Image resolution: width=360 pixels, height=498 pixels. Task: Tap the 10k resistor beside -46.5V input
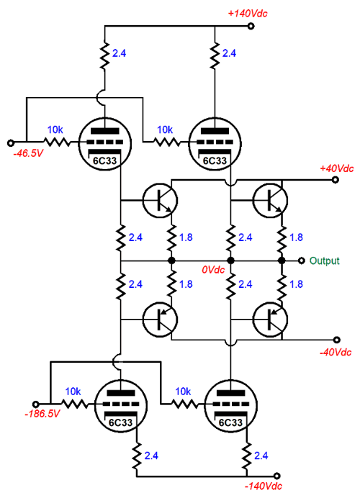pos(55,142)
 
